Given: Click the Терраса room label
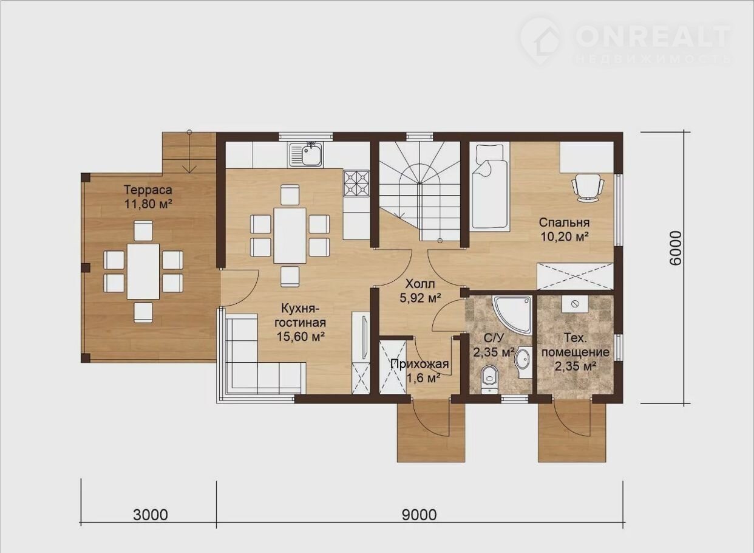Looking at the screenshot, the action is pyautogui.click(x=148, y=190).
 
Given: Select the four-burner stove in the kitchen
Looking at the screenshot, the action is pyautogui.click(x=356, y=184).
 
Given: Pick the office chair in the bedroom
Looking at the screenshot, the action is pyautogui.click(x=588, y=188).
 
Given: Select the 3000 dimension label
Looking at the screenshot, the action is pyautogui.click(x=150, y=515).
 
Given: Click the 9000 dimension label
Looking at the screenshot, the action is pyautogui.click(x=419, y=515).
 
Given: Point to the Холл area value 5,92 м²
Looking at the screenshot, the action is pyautogui.click(x=420, y=298).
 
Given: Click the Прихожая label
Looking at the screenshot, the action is pyautogui.click(x=419, y=364).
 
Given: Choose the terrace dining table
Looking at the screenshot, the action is pyautogui.click(x=143, y=271).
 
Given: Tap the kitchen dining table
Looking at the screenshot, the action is pyautogui.click(x=290, y=236).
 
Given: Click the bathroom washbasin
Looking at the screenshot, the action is pyautogui.click(x=523, y=358).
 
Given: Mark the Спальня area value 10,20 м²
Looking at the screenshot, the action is pyautogui.click(x=564, y=236).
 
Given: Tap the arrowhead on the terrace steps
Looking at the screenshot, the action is pyautogui.click(x=189, y=170).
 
